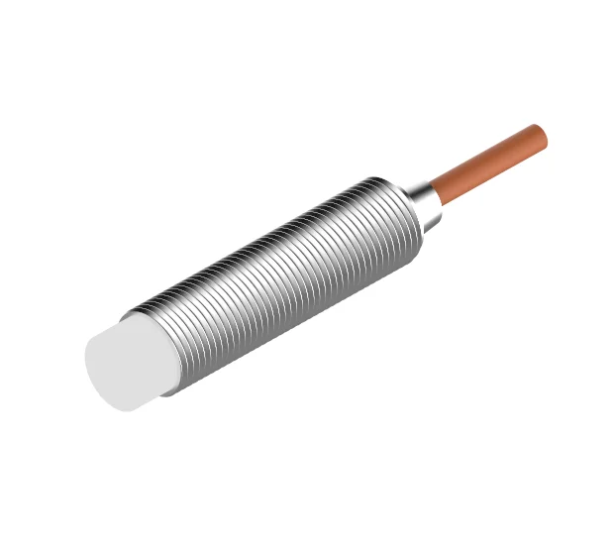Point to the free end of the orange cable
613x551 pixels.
[x=540, y=137]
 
